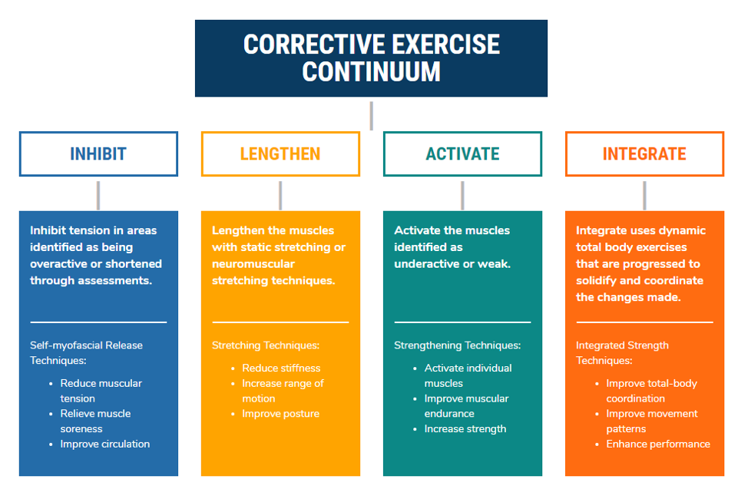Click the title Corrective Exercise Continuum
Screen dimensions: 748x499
point(371,58)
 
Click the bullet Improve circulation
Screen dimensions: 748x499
point(105,444)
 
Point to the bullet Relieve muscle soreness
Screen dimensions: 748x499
point(95,421)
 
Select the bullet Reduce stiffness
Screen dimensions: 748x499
point(281,368)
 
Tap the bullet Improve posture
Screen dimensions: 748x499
point(280,414)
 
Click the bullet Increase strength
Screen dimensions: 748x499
point(465,429)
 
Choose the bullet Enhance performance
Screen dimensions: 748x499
point(658,444)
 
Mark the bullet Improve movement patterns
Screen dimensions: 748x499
point(652,421)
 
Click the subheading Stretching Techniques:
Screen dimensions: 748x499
point(266,345)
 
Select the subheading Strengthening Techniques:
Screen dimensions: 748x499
point(457,345)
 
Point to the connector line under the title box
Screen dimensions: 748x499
point(371,115)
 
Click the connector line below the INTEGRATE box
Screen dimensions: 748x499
point(644,196)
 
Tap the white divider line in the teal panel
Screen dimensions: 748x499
point(462,322)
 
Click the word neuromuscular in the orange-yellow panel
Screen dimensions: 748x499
point(253,264)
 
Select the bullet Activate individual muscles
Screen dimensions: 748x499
point(468,375)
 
